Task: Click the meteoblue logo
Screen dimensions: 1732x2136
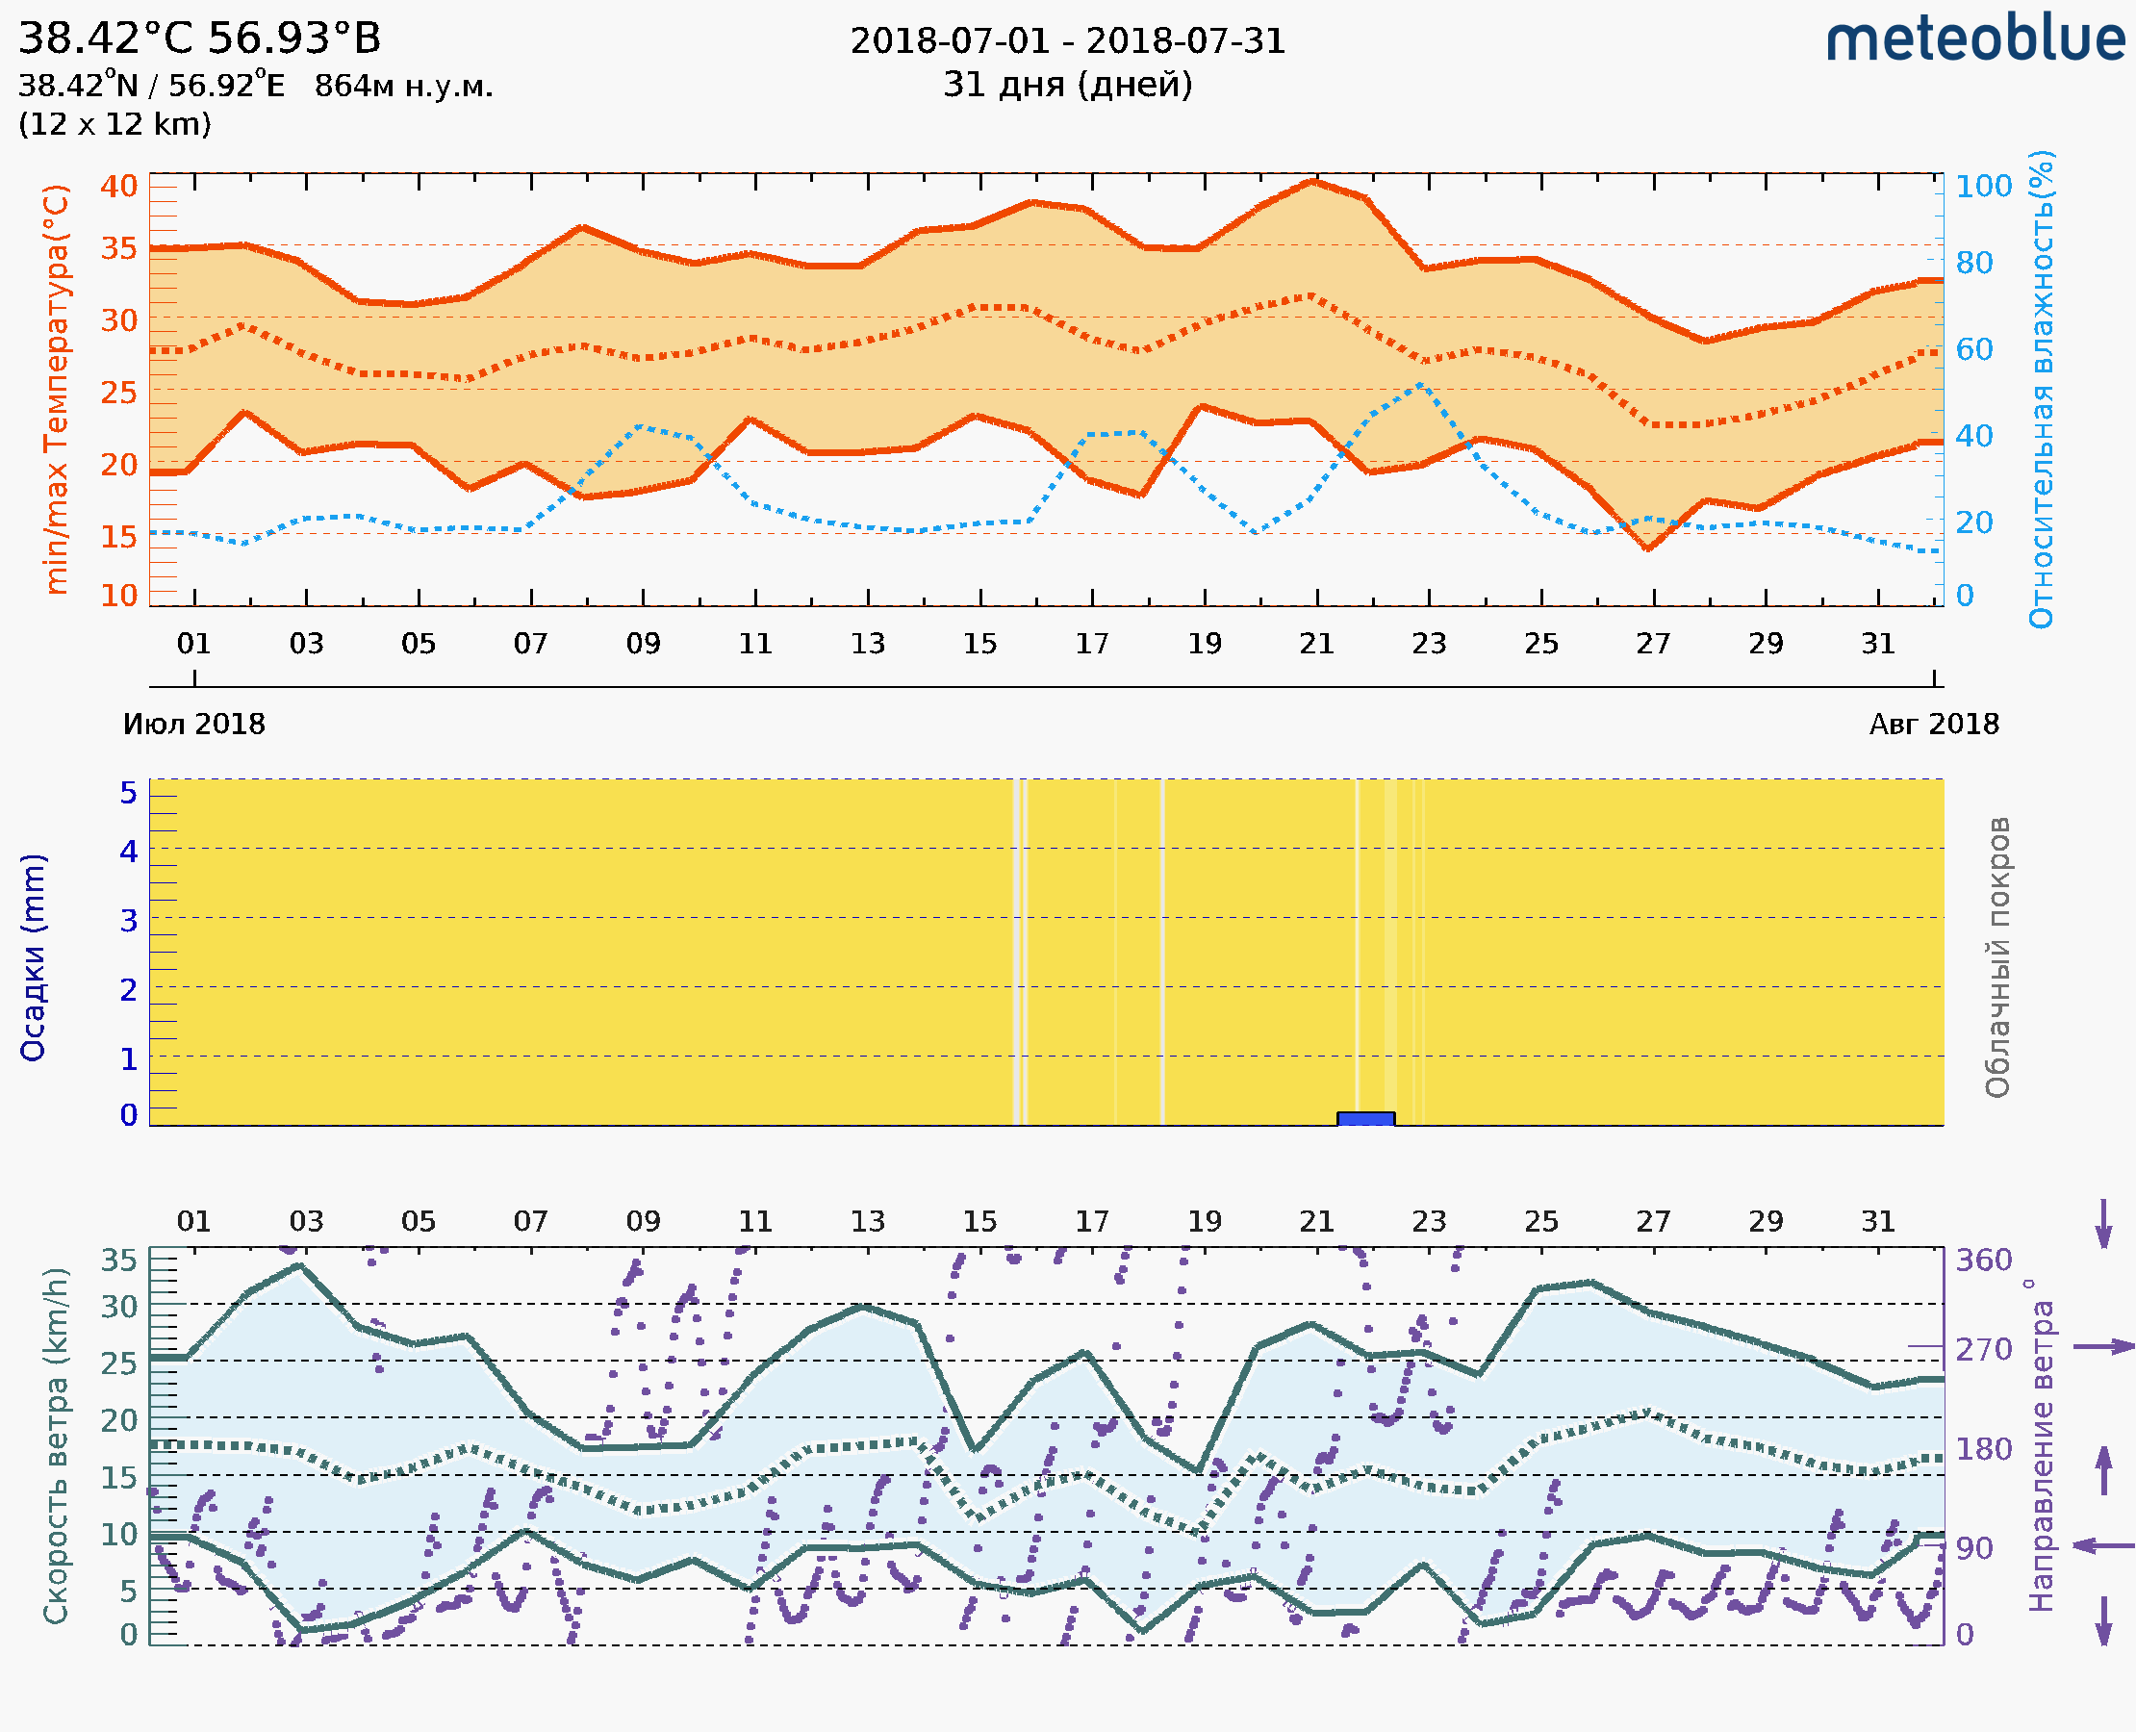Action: click(1975, 39)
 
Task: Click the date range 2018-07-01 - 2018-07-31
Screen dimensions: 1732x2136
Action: click(1067, 41)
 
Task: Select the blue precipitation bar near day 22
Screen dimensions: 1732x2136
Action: click(1366, 1118)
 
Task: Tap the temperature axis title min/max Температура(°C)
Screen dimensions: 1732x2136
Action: click(57, 389)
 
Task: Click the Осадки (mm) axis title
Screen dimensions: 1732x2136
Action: click(33, 957)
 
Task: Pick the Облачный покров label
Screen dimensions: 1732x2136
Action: click(1997, 957)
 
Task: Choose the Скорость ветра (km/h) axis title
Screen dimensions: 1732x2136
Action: click(57, 1445)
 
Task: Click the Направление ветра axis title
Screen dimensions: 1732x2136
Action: click(2043, 1445)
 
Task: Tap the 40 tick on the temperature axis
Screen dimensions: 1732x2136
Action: click(118, 187)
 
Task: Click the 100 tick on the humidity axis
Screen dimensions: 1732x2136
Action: click(1983, 187)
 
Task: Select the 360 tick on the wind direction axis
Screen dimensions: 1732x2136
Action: click(1983, 1261)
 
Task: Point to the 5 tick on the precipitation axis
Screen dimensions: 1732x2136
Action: click(129, 793)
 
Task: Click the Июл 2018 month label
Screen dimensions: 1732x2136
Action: click(193, 725)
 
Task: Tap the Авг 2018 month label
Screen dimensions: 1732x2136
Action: click(1934, 725)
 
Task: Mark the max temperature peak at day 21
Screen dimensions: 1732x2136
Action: click(1314, 182)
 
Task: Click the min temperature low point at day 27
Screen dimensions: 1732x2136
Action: click(1647, 548)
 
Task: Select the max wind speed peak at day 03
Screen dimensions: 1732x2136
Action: click(299, 1266)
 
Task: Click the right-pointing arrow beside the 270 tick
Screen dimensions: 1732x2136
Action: click(2103, 1347)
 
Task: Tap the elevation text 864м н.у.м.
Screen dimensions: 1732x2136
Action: click(403, 87)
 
